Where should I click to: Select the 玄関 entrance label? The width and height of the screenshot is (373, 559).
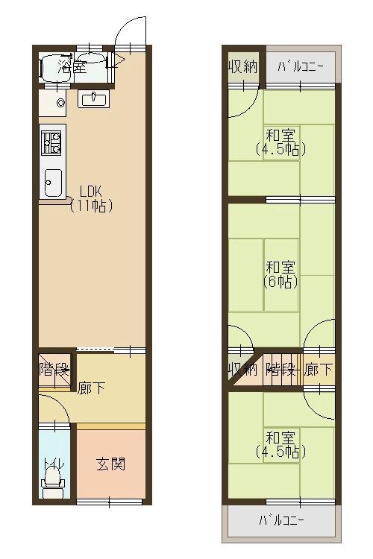pyautogui.click(x=110, y=464)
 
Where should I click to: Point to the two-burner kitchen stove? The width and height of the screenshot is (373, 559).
pyautogui.click(x=51, y=142)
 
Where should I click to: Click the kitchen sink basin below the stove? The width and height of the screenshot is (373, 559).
pyautogui.click(x=53, y=182)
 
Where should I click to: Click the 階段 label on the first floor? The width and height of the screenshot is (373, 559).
pyautogui.click(x=54, y=369)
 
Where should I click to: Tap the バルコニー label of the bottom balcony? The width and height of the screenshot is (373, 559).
pyautogui.click(x=282, y=519)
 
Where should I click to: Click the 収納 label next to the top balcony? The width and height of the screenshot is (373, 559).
pyautogui.click(x=243, y=66)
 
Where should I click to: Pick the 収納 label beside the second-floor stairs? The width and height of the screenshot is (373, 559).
pyautogui.click(x=243, y=369)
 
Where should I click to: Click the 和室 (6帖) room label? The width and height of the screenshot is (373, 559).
pyautogui.click(x=280, y=274)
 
